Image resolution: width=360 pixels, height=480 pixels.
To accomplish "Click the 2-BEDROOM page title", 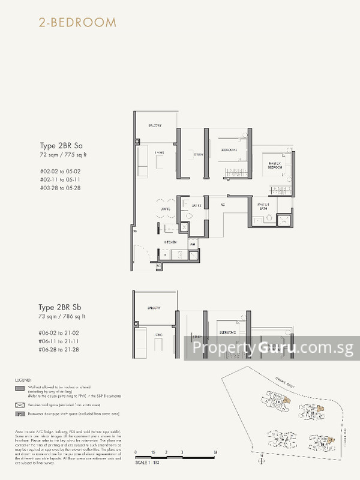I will pyautogui.click(x=70, y=23).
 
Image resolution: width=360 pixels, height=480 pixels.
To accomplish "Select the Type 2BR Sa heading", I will pyautogui.click(x=61, y=146).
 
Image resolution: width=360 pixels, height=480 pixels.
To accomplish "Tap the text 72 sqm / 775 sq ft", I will pyautogui.click(x=62, y=155).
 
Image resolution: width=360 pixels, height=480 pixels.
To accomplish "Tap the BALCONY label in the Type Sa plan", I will pyautogui.click(x=155, y=125).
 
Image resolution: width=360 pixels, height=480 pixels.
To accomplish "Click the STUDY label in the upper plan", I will pyautogui.click(x=198, y=155).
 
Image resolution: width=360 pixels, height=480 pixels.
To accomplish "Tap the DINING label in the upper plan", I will pyautogui.click(x=166, y=209).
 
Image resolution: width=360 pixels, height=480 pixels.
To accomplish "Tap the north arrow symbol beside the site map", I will pyautogui.click(x=262, y=460).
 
